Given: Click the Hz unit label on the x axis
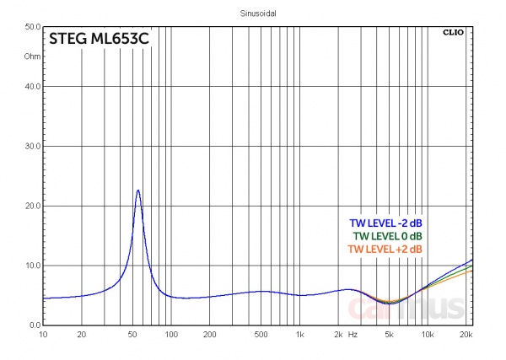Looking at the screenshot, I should click(x=353, y=335).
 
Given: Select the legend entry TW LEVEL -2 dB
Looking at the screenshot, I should click(x=385, y=223).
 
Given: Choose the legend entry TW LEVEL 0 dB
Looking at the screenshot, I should click(x=388, y=236).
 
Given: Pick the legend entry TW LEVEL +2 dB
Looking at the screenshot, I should click(x=385, y=250).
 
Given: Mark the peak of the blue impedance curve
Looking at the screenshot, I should click(x=137, y=191).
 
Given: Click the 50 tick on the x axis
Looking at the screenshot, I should click(x=132, y=335).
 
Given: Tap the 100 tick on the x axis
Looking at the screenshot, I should click(x=171, y=335).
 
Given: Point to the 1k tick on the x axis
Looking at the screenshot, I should click(x=299, y=335).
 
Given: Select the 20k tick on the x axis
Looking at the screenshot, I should click(x=466, y=335).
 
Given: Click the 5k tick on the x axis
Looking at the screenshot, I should click(x=389, y=335).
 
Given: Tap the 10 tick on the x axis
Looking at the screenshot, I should click(x=43, y=335).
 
